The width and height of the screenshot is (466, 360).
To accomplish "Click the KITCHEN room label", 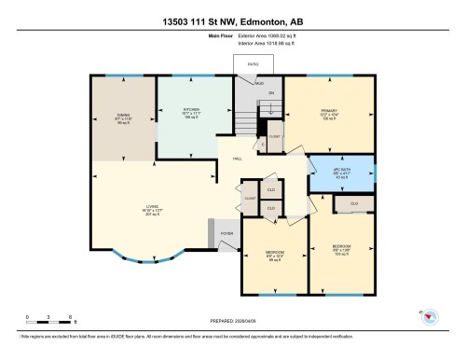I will point(193,112).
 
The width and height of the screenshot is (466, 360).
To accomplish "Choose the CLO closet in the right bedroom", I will point(354,203).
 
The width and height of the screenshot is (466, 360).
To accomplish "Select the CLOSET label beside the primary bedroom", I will point(274,135).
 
